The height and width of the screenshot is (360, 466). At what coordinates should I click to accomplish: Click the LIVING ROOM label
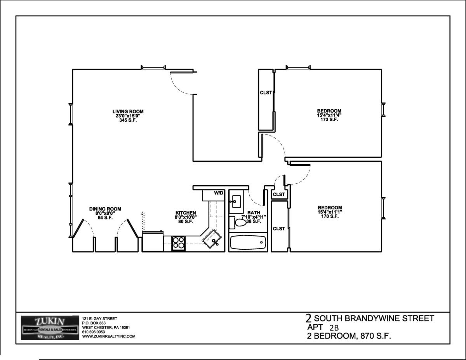click(x=128, y=111)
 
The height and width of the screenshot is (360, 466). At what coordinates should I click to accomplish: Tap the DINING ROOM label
click(x=105, y=209)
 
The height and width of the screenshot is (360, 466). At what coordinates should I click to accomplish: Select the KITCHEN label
click(x=186, y=213)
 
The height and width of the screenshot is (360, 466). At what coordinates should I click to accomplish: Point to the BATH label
click(x=254, y=213)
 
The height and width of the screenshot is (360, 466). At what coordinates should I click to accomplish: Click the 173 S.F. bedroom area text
click(x=329, y=120)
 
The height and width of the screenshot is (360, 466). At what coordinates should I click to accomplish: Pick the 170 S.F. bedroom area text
click(x=330, y=216)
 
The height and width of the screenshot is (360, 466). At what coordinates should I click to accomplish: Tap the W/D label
click(x=219, y=193)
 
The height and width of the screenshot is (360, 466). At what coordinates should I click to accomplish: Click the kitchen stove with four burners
click(x=178, y=243)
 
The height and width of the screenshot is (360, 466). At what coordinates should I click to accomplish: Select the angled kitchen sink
click(x=212, y=239)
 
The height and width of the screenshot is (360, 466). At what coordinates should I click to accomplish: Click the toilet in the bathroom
click(x=238, y=223)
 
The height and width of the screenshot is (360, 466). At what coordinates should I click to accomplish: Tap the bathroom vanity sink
click(x=235, y=202)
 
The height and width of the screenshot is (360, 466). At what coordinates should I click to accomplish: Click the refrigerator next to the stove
click(x=153, y=241)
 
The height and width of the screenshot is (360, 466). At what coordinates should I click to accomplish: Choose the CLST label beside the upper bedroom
click(x=266, y=93)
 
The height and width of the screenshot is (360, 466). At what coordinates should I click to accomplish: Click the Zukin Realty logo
click(x=50, y=328)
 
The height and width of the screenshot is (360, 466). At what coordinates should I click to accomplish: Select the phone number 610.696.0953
click(x=94, y=332)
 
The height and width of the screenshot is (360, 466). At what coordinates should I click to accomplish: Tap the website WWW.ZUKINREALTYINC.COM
click(x=109, y=336)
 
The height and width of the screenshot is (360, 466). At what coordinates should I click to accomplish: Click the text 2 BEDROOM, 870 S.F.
click(x=349, y=336)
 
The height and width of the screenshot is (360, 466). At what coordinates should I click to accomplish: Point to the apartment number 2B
click(x=334, y=328)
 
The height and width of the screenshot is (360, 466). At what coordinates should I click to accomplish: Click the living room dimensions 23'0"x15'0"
click(x=128, y=116)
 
